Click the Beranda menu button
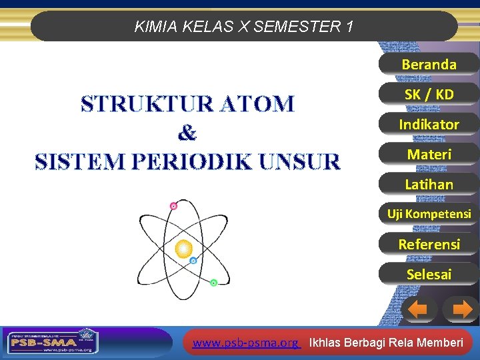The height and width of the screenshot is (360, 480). coord(429,65)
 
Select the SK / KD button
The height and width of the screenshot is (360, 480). coord(429,95)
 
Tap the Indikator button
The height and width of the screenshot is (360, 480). coord(429,125)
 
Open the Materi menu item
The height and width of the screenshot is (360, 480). coord(429,155)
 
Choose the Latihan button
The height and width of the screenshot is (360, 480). coord(429,185)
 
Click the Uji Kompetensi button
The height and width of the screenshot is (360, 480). coord(429,214)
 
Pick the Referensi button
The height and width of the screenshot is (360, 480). coord(429,244)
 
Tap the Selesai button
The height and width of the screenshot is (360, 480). coord(429,274)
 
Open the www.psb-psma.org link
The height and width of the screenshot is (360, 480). coord(245,343)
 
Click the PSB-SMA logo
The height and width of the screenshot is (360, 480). coord(52,342)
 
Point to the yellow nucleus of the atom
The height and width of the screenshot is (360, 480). coord(183,249)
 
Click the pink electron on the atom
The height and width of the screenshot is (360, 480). coord(173,206)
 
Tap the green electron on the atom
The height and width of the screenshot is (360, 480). coord(213,283)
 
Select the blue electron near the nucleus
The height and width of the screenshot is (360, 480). coord(193,261)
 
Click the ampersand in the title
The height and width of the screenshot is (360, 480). coord(187,133)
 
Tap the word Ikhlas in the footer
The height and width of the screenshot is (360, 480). coord(327,343)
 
